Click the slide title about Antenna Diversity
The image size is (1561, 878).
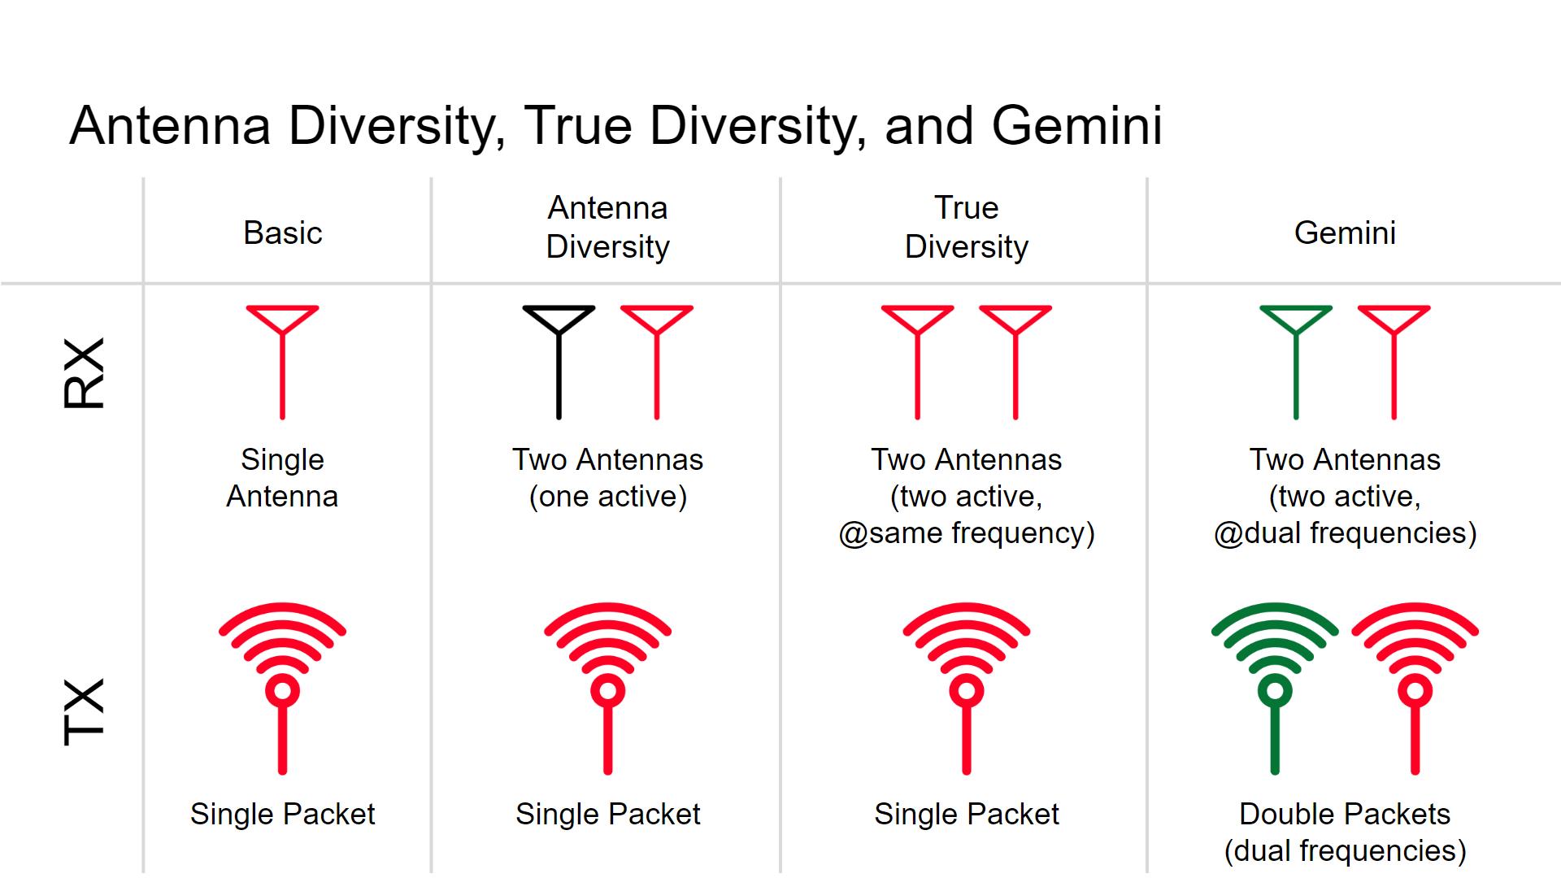coord(615,126)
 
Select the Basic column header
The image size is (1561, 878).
coord(283,233)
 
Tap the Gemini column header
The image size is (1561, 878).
coord(1345,233)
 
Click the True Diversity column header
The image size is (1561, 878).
coord(966,228)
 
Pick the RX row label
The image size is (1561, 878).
coord(85,373)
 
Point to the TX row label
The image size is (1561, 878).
coord(85,712)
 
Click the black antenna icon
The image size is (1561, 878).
coord(559,363)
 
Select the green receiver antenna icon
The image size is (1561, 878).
coord(1296,363)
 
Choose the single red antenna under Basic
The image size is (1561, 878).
coord(282,363)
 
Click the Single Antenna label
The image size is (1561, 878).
coord(282,478)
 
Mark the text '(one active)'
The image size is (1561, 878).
coord(608,497)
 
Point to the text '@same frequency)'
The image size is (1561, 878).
coord(967,533)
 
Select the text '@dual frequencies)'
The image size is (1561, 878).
coord(1345,533)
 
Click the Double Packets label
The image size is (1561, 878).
coord(1345,814)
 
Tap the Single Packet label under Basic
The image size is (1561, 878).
coord(282,814)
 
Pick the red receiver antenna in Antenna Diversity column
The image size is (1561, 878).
coord(657,363)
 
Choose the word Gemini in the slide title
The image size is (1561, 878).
coord(1077,126)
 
